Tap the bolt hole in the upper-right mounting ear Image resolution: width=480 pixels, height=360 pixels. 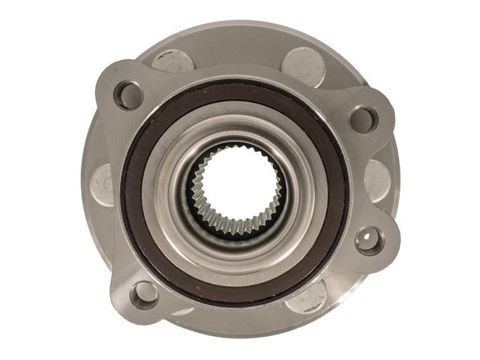(364, 116)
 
